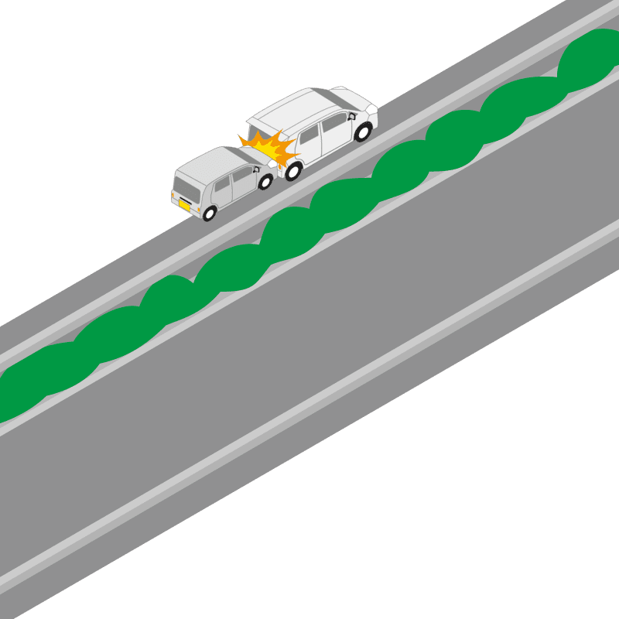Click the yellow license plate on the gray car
pos(184,205)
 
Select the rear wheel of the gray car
pos(210,212)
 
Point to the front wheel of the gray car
pos(265,182)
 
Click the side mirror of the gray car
pos(255,170)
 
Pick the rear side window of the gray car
pos(221,186)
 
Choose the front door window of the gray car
pos(242,176)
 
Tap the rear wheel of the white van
pos(362,132)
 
